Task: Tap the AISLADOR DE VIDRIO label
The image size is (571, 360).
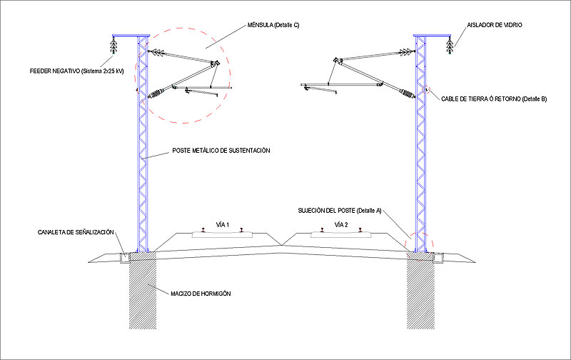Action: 496,25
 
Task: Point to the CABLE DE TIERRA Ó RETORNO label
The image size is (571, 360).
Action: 493,98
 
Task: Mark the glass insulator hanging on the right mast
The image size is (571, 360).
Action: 449,46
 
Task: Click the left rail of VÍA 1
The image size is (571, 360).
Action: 204,230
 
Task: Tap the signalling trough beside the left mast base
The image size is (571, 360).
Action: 125,256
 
